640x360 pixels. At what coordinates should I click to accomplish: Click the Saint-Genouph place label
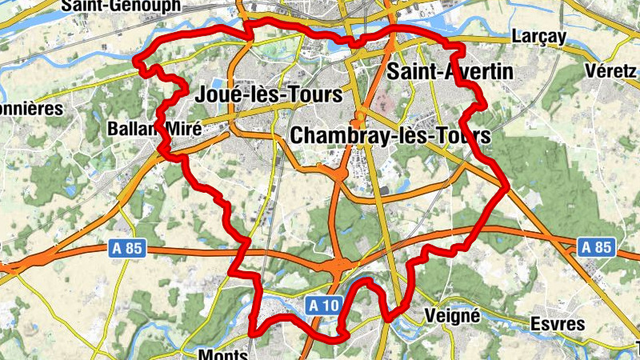click(121, 6)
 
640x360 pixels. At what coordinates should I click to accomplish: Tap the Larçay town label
click(538, 37)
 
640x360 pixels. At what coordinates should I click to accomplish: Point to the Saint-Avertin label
click(449, 72)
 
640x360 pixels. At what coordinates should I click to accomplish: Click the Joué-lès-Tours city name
click(268, 94)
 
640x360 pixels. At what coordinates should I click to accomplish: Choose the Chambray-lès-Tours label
click(390, 135)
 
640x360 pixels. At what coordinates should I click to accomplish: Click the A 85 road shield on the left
click(126, 250)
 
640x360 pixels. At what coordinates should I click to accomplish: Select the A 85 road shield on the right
click(596, 247)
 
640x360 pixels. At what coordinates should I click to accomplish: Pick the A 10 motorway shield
click(324, 304)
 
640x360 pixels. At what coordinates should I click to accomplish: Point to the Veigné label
click(453, 315)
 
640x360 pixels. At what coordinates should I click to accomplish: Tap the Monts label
click(223, 354)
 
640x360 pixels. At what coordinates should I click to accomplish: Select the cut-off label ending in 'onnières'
click(30, 107)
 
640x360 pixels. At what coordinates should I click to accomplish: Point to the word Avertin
click(474, 72)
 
